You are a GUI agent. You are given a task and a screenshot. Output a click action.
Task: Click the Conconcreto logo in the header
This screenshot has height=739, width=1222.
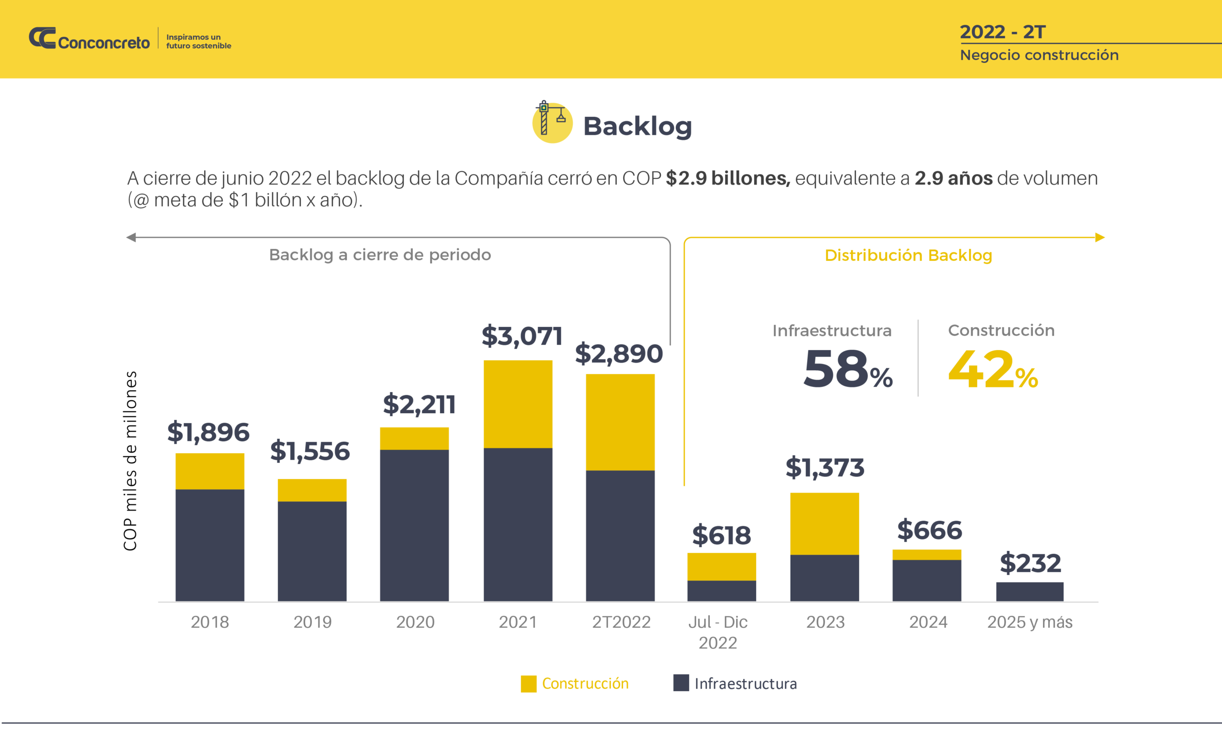tap(89, 39)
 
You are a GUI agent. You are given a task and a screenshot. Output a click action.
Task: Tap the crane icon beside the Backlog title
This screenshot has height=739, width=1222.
tap(551, 122)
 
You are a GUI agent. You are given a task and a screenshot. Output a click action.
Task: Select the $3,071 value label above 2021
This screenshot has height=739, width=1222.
tap(522, 336)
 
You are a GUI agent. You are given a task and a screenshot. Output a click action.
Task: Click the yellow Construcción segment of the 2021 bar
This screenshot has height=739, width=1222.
tap(518, 404)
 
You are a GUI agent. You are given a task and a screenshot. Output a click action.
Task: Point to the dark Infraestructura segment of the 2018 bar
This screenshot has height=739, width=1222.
tap(210, 545)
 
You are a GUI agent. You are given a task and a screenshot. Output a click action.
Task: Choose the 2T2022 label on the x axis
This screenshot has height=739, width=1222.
tap(621, 622)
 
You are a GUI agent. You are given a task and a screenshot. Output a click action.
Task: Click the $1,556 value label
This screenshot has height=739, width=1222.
tap(310, 451)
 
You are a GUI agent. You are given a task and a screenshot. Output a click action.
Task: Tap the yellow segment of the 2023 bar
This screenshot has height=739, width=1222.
tap(824, 523)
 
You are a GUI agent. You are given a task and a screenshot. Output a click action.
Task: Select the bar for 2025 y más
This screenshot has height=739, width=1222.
tap(1030, 592)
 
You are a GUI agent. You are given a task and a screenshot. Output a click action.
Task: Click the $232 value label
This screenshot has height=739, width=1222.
tap(1030, 563)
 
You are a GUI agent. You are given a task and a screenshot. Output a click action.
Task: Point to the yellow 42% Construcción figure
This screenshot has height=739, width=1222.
tap(992, 369)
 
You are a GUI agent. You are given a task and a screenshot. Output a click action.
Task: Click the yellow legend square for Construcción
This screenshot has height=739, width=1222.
tap(528, 684)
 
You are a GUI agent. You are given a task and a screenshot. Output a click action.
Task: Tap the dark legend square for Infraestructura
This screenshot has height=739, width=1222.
tap(681, 683)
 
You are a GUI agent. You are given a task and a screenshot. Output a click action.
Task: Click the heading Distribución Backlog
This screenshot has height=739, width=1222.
tap(908, 255)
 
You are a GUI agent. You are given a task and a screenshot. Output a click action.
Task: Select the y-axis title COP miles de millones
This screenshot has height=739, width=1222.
tap(130, 461)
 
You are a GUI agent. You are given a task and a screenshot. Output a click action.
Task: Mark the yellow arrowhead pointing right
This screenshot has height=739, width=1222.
tap(1099, 238)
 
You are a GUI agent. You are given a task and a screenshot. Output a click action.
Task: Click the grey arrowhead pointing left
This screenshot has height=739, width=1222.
tap(131, 238)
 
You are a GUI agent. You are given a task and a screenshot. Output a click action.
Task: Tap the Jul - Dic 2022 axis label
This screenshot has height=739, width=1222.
tap(717, 632)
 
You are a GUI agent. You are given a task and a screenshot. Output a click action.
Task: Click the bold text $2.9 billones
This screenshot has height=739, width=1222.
tap(727, 178)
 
